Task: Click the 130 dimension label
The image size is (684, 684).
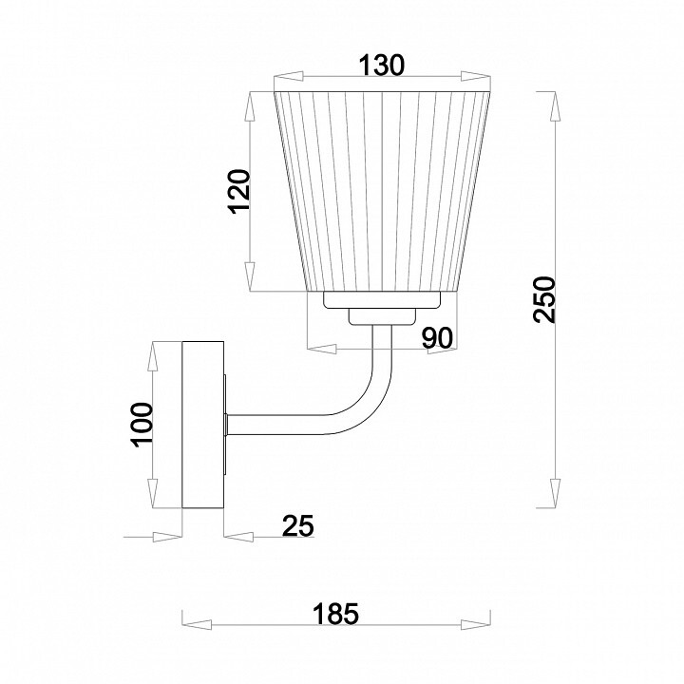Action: [x=382, y=66]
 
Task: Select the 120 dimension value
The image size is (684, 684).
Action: [x=239, y=191]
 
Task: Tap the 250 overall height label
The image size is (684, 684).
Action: [x=544, y=299]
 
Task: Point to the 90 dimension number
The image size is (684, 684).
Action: [x=438, y=337]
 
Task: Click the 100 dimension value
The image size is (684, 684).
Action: [x=142, y=425]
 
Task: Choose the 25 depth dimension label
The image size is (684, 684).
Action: [x=298, y=525]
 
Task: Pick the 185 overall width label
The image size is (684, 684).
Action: [x=336, y=614]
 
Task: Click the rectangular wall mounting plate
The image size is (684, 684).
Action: [x=203, y=425]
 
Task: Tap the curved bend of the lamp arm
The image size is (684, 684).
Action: [x=367, y=410]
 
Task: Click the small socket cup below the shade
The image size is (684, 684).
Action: [x=382, y=316]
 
